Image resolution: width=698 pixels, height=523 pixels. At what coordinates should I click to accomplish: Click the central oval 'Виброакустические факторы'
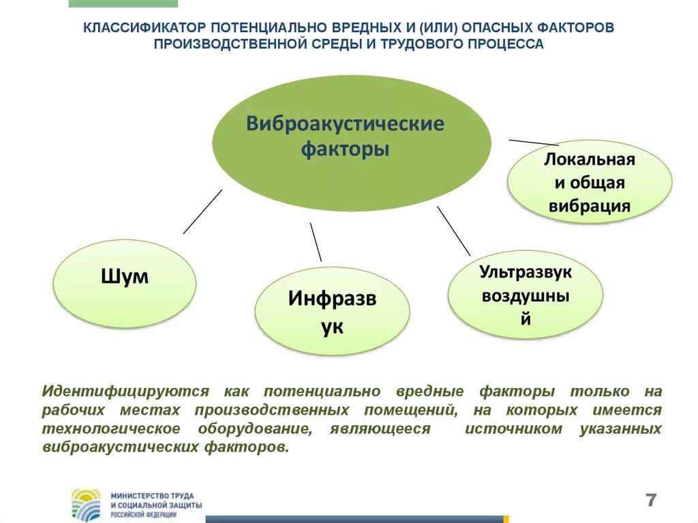[x=351, y=143]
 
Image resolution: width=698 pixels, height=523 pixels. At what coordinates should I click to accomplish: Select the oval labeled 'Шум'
[x=125, y=283]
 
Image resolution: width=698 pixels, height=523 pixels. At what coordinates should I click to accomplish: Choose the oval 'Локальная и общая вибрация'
[x=590, y=183]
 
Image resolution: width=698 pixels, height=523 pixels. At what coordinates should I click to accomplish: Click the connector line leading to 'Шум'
[x=202, y=211]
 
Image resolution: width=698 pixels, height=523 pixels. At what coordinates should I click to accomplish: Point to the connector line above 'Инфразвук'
[x=316, y=241]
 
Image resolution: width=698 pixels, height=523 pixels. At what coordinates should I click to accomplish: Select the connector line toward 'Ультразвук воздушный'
[x=453, y=230]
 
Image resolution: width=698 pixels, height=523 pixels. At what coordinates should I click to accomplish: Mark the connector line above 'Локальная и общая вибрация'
[x=534, y=143]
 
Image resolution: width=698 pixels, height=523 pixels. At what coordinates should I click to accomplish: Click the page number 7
[x=651, y=500]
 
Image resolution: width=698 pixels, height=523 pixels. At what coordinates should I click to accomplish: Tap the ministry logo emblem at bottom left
[x=86, y=505]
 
